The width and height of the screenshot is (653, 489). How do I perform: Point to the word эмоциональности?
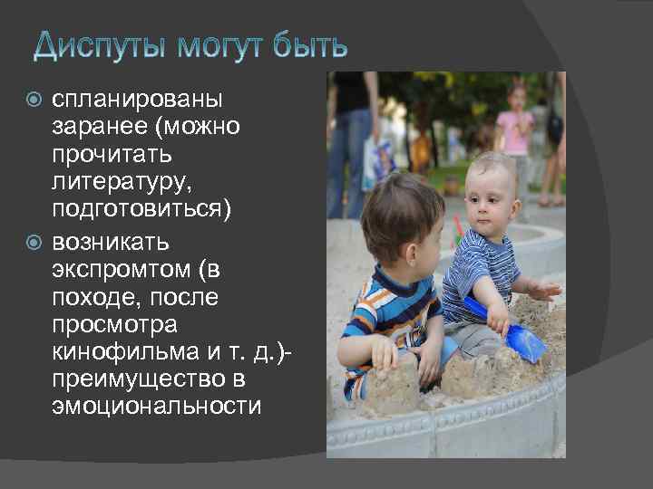tap(156, 406)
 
